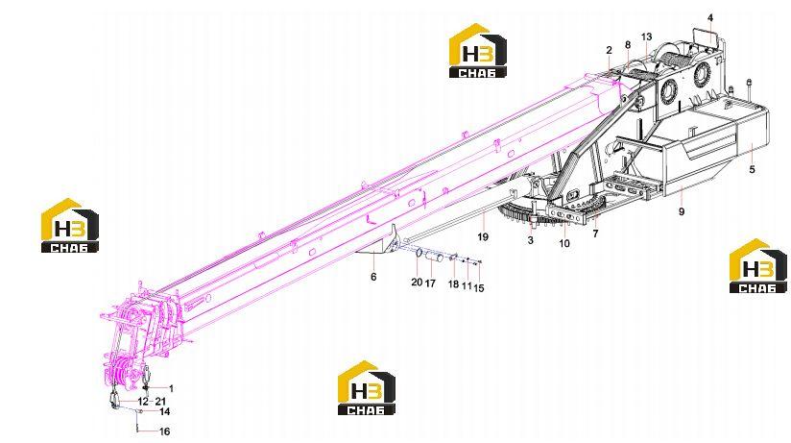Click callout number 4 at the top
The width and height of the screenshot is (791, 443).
point(710,18)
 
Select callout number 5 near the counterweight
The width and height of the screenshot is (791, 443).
point(753,170)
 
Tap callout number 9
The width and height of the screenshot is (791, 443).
point(682,211)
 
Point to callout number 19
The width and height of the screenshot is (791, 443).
point(483,236)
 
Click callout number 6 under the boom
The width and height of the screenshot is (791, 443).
point(373,277)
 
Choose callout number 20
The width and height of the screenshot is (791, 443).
point(417,282)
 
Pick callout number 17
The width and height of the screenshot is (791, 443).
point(430,283)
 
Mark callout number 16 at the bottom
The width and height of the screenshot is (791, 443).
point(164,431)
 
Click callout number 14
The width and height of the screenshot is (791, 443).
point(164,411)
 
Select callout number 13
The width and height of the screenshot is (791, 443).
point(646,37)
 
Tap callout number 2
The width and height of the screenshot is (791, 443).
point(609,50)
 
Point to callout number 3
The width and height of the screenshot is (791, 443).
point(530,240)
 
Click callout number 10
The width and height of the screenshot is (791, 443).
point(564,243)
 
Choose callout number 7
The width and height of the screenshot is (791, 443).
point(595,234)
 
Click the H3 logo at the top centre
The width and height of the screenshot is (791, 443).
point(478,51)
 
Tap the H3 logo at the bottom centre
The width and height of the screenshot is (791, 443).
point(367,387)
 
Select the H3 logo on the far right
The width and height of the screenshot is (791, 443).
point(758,265)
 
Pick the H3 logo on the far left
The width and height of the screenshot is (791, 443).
point(70,225)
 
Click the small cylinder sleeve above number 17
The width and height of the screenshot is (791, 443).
point(435,258)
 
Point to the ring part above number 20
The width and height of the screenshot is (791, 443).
point(419,252)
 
